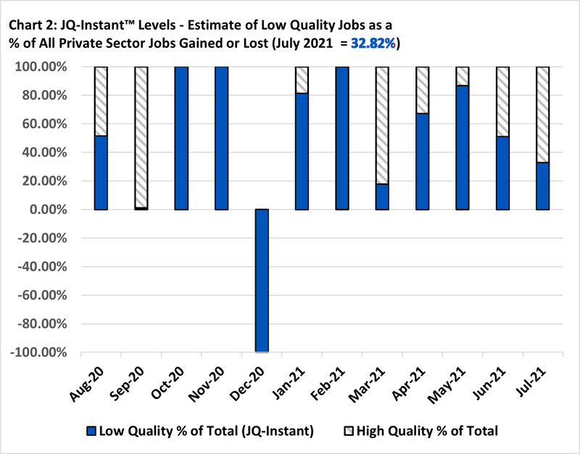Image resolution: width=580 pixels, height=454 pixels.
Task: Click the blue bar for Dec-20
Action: (x=262, y=281)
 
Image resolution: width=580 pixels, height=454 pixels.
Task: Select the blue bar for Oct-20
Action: (x=181, y=138)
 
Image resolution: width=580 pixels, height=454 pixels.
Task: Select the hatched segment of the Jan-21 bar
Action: (x=302, y=80)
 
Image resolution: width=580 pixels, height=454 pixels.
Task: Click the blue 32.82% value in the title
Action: (x=373, y=44)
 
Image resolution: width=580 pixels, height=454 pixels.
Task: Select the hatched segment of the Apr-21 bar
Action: (x=422, y=90)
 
